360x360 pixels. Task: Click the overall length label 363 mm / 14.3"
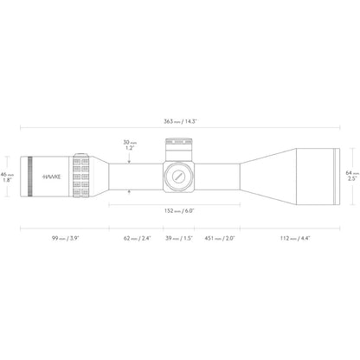(180, 121)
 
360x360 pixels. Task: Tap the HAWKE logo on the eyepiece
(52, 177)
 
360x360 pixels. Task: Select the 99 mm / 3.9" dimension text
(65, 238)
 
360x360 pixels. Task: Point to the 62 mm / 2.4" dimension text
(138, 238)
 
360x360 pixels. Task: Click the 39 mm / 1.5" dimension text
(179, 238)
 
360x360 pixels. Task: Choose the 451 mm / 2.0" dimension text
(220, 238)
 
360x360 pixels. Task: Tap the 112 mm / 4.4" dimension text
(295, 238)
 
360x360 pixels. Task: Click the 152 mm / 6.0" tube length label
(179, 211)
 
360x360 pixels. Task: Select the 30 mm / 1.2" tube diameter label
(130, 145)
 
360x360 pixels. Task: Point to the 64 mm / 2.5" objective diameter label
(352, 176)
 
